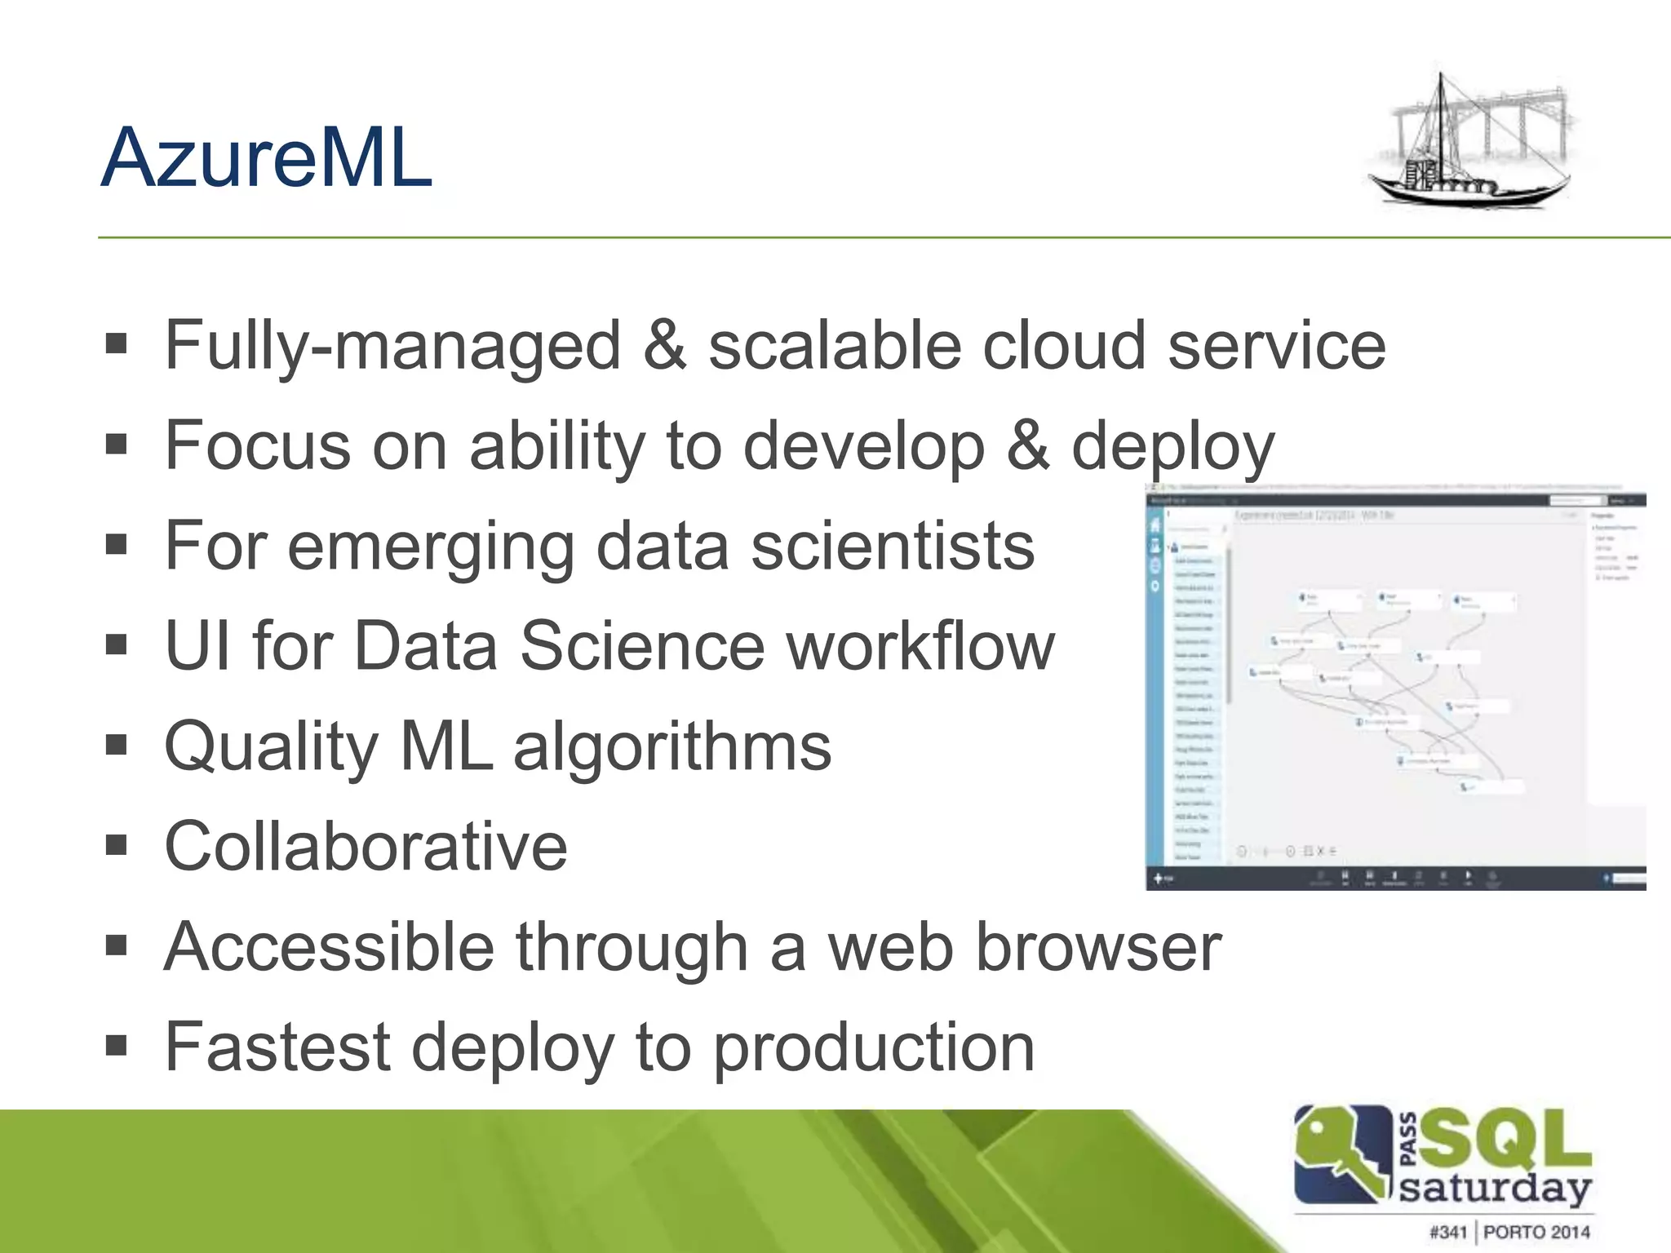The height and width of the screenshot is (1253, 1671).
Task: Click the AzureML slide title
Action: pos(266,158)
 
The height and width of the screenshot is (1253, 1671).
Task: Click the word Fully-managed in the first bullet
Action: pos(392,346)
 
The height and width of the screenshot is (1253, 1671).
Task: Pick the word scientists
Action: pos(893,547)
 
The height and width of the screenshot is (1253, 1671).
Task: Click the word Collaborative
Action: pos(366,847)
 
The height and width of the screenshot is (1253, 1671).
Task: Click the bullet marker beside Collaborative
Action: pos(117,845)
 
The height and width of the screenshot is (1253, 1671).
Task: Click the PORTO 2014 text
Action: pos(1536,1232)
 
